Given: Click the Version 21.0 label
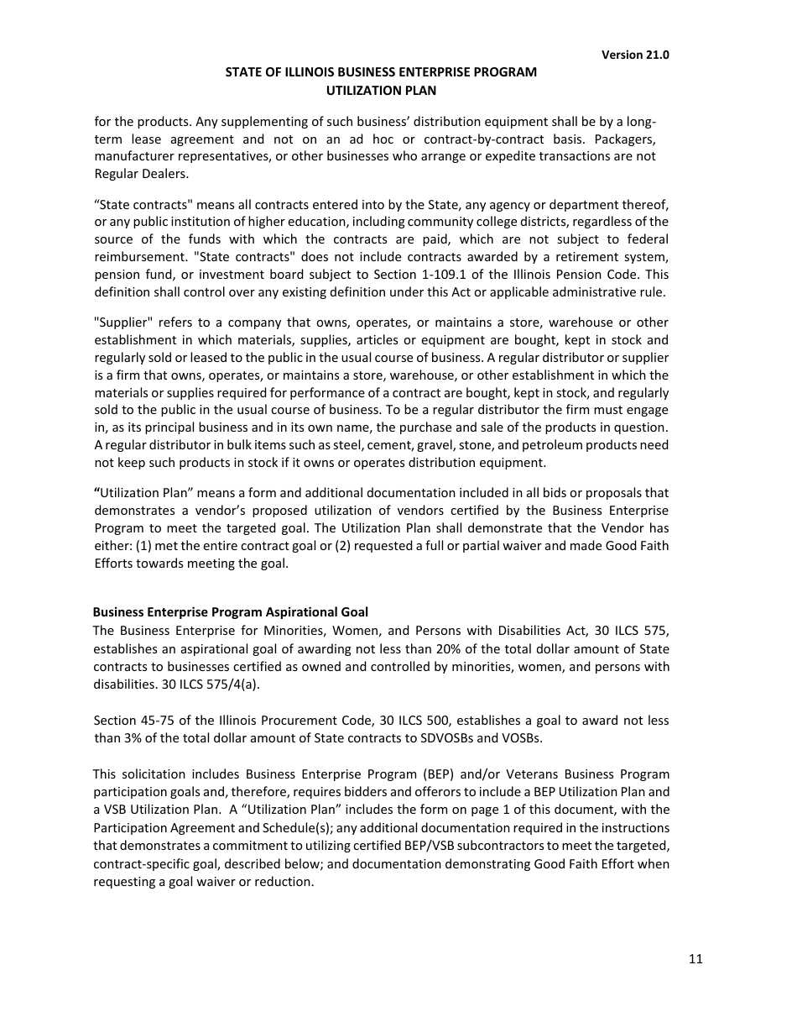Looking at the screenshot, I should pos(635,55).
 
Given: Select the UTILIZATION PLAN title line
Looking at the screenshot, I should pos(381,90).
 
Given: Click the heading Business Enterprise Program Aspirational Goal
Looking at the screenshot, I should pos(230,612).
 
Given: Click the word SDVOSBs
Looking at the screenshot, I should pos(451,738).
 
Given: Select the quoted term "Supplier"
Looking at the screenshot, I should pos(120,322).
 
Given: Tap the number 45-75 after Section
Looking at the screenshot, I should pos(157,721).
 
